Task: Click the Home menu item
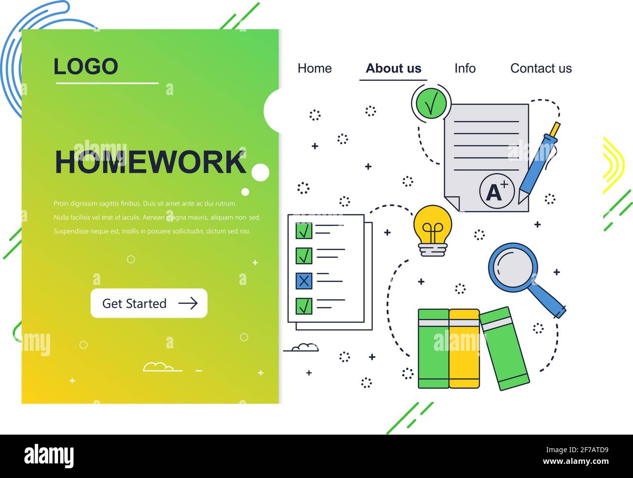click(315, 68)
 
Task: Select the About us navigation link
click(393, 68)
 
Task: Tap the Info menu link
click(465, 68)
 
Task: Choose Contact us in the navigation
click(541, 68)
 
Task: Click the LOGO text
click(86, 67)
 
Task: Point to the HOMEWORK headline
click(150, 162)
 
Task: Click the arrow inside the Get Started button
click(188, 304)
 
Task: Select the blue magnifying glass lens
click(513, 267)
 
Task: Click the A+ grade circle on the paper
click(496, 191)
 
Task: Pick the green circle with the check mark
click(431, 102)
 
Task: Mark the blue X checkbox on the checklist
click(304, 281)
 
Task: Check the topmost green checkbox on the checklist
click(304, 230)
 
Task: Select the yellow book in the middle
click(464, 348)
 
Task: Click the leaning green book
click(504, 348)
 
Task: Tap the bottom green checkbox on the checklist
click(304, 306)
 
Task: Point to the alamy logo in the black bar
click(49, 457)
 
